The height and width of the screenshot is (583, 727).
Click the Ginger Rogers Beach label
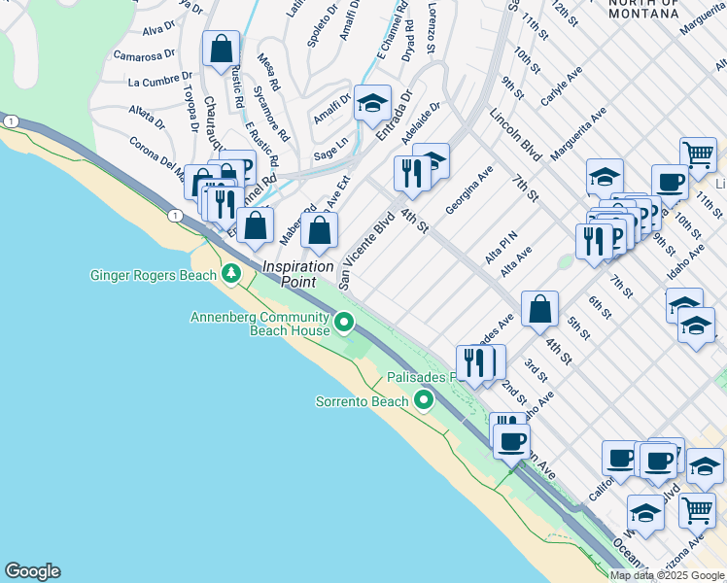pyautogui.click(x=153, y=275)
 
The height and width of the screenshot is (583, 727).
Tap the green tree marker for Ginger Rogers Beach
pyautogui.click(x=231, y=274)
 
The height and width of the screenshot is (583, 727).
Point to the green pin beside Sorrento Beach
pyautogui.click(x=424, y=399)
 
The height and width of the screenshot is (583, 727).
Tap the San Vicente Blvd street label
pyautogui.click(x=365, y=251)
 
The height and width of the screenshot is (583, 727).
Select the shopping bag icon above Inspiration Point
pyautogui.click(x=319, y=232)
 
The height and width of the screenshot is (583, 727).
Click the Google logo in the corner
pyautogui.click(x=32, y=571)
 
